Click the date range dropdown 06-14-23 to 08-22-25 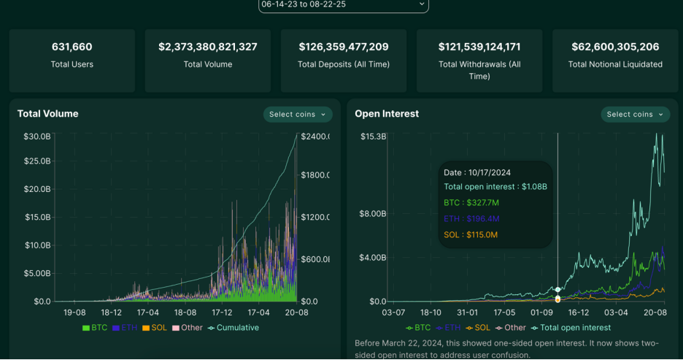[x=343, y=4]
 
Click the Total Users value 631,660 [x=72, y=47]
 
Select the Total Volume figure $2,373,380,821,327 [x=208, y=47]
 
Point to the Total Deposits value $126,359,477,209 [x=344, y=47]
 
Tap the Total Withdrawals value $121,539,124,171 [x=479, y=47]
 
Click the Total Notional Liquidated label [x=615, y=64]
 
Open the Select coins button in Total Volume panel [x=298, y=115]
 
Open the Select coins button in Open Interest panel [x=636, y=115]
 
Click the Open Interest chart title [x=387, y=114]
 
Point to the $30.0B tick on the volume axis [x=37, y=137]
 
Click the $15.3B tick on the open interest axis [x=372, y=137]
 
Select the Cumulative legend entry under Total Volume [x=237, y=328]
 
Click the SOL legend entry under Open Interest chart [x=478, y=328]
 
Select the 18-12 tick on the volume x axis [x=111, y=312]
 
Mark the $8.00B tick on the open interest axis [x=372, y=214]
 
